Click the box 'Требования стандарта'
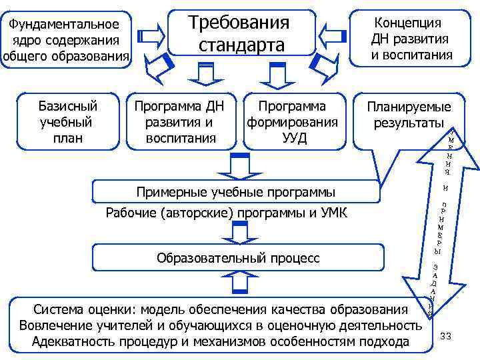(x=241, y=33)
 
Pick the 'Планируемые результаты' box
(x=408, y=116)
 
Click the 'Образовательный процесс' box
(x=237, y=257)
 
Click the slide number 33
(x=446, y=336)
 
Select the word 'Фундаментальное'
(x=65, y=25)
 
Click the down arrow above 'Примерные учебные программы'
(x=238, y=166)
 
